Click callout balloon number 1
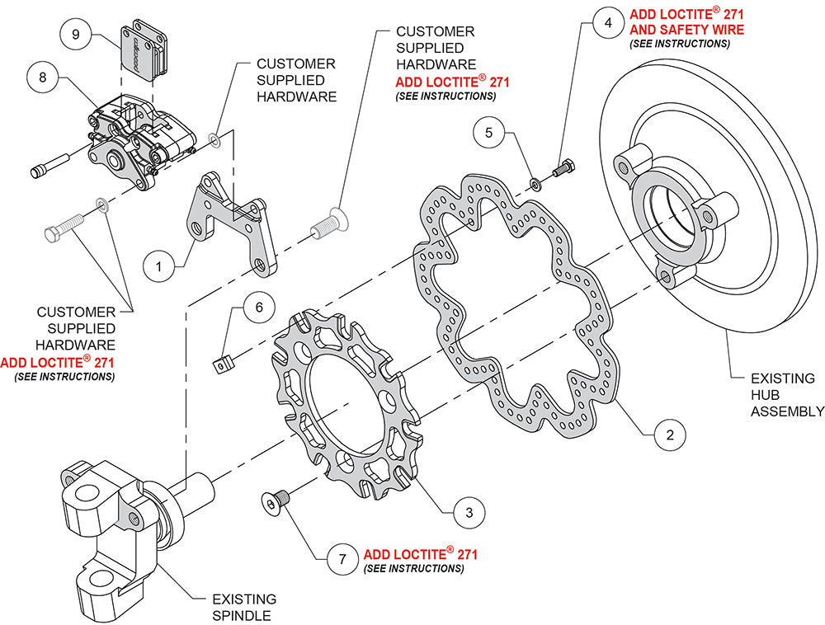coord(159,266)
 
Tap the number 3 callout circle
coord(469,512)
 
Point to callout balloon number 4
coord(608,23)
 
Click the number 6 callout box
coord(258,307)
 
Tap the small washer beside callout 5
coord(535,181)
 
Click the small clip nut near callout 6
coord(220,363)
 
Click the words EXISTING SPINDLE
coord(243,607)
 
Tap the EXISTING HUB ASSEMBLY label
coord(787,395)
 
